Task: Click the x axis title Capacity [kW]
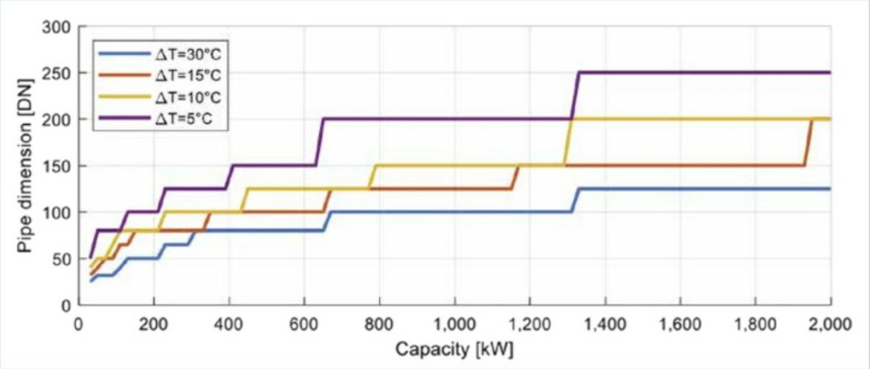tap(454, 348)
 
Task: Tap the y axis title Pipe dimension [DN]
tap(26, 166)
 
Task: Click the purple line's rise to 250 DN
tap(575, 95)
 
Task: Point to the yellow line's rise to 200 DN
tap(567, 142)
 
